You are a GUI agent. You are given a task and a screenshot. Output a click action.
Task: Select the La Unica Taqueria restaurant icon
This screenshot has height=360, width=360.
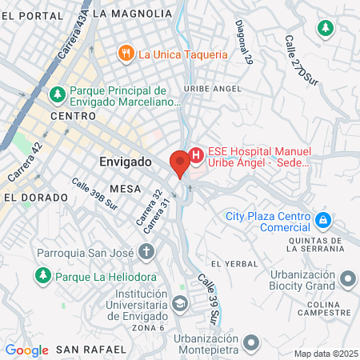click(125, 54)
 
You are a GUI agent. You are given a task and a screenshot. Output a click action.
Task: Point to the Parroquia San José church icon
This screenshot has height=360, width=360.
click(146, 252)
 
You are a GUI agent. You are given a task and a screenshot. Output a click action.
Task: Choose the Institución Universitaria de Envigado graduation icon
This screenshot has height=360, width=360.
click(181, 304)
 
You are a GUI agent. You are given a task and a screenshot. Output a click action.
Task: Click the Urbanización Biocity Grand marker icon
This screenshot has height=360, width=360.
click(348, 279)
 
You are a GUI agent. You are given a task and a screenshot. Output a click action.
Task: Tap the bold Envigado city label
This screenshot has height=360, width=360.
click(126, 162)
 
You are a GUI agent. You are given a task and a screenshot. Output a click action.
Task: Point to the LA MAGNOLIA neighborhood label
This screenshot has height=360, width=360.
click(132, 14)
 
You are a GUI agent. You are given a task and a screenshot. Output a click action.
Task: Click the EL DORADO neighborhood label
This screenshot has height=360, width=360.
click(28, 196)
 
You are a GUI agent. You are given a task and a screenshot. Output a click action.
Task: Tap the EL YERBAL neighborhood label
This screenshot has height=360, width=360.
click(234, 263)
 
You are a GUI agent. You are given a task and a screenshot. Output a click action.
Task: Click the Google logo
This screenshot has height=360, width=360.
click(26, 350)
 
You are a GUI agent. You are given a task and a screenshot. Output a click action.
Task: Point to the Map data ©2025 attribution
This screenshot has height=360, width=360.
click(326, 354)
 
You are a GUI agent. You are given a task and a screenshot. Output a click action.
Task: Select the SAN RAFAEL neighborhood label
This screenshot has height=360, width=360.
click(90, 350)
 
